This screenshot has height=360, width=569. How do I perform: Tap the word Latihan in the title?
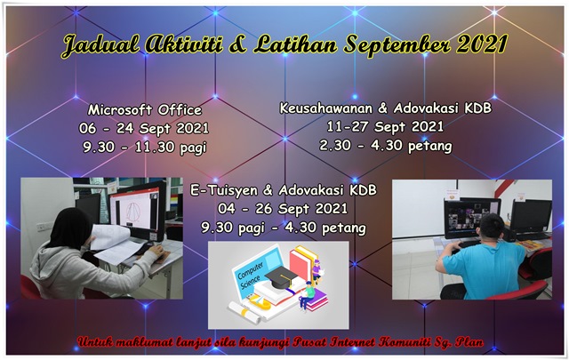pyautogui.click(x=299, y=44)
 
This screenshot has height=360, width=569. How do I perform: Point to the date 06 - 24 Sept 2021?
pyautogui.click(x=143, y=128)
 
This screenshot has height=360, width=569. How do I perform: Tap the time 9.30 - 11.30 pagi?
pyautogui.click(x=143, y=147)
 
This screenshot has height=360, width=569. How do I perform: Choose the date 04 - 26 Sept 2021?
pyautogui.click(x=284, y=209)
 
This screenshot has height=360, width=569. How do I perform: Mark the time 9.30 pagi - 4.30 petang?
pyautogui.click(x=284, y=228)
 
